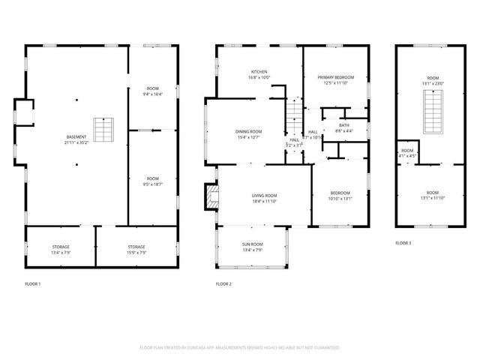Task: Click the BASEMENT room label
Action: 76,139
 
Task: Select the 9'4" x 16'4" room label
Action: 152,91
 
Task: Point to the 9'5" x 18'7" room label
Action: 152,181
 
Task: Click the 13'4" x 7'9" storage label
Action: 60,249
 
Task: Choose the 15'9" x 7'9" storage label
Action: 136,249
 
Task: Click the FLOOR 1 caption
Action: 33,284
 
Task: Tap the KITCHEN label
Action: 259,74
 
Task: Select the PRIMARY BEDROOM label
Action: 335,79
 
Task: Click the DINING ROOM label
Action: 249,134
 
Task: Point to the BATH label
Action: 344,127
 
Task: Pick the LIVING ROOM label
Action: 264,198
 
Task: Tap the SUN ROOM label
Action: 252,247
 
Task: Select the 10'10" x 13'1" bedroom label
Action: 340,195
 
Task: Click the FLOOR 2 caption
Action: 223,284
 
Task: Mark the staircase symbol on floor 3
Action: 433,112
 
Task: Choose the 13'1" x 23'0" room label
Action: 433,80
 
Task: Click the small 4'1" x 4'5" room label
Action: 406,154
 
